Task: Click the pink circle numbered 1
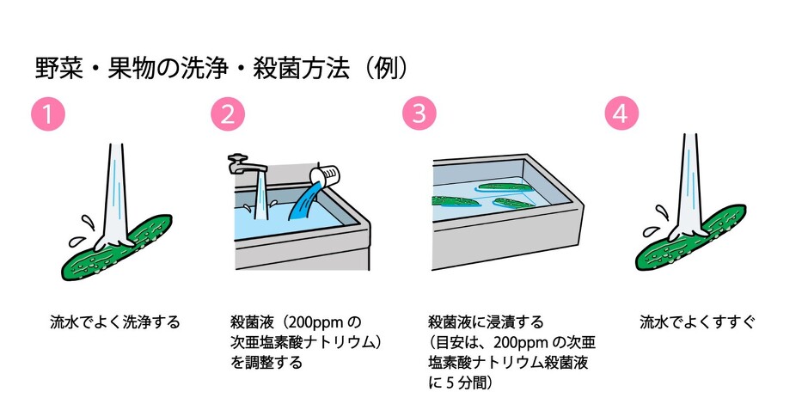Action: point(48,114)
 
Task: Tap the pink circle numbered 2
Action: point(228,114)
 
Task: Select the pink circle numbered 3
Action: point(419,114)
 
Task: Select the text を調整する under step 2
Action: point(266,362)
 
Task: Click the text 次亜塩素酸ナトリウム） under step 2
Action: point(306,342)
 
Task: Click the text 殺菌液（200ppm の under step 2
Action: point(296,322)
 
